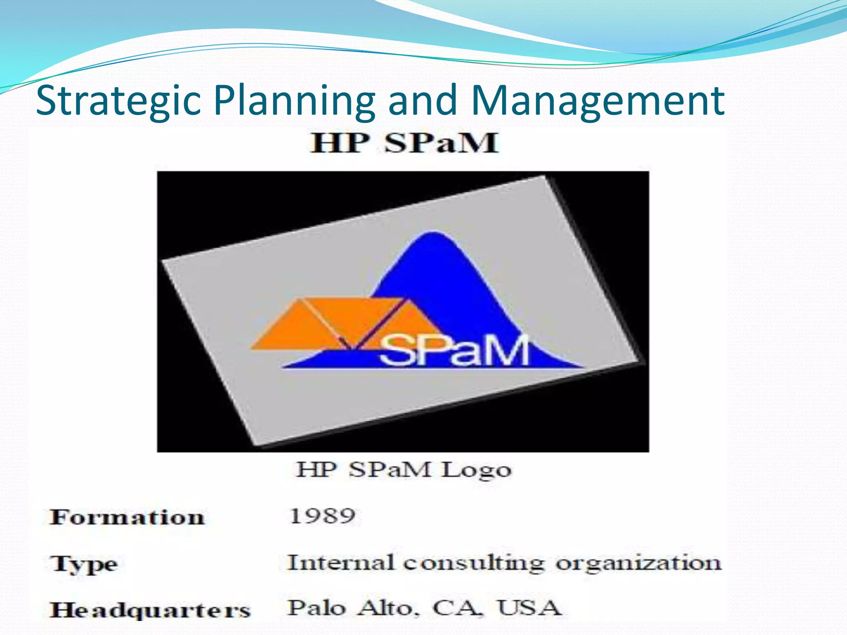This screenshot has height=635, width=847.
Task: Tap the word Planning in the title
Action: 294,100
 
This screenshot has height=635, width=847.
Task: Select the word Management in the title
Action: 597,100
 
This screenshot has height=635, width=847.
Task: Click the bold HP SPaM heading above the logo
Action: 404,143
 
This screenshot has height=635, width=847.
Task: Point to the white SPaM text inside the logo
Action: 454,351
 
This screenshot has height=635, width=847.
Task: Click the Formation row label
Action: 127,517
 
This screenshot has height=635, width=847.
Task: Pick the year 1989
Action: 322,516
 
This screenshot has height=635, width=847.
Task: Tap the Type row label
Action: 84,564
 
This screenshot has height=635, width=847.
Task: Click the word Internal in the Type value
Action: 340,563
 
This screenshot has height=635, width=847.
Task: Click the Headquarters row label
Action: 150,610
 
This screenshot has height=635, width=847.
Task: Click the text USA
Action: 529,608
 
